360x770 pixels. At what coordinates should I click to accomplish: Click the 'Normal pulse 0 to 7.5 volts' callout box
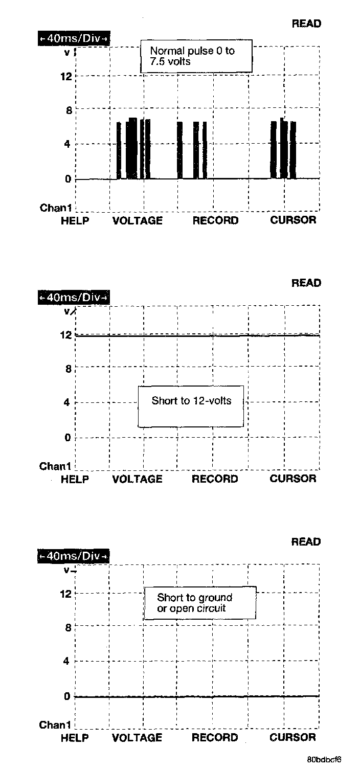(x=196, y=56)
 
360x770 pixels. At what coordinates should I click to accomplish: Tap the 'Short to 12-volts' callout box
(x=191, y=406)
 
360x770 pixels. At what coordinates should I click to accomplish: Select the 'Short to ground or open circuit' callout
(x=199, y=603)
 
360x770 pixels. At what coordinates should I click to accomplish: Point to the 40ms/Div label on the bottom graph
(x=74, y=556)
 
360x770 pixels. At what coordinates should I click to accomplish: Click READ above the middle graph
(x=306, y=283)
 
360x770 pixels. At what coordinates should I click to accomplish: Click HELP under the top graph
(x=75, y=221)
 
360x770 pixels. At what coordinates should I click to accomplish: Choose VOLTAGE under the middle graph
(x=137, y=480)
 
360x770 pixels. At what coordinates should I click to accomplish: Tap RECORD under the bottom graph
(x=215, y=738)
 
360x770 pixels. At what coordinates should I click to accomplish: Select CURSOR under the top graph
(x=293, y=220)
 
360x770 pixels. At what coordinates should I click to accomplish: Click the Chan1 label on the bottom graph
(x=55, y=725)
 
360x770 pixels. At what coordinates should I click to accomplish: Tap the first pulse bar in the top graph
(x=119, y=151)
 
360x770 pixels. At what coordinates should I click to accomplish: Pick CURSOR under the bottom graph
(x=292, y=738)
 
